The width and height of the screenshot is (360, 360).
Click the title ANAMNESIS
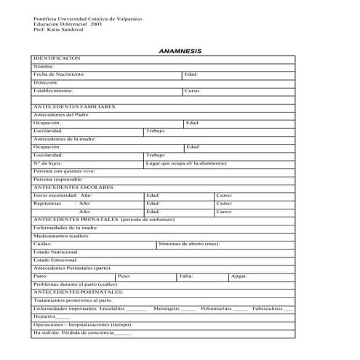click(180, 51)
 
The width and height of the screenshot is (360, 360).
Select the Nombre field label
click(44, 66)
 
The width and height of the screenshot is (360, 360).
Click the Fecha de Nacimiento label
click(59, 74)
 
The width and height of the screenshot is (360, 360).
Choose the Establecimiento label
click(53, 91)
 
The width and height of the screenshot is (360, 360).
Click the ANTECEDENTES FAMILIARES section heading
click(74, 106)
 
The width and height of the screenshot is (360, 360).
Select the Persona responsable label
click(59, 179)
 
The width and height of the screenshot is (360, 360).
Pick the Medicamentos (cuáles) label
click(61, 236)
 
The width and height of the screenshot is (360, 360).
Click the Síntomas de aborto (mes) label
click(188, 244)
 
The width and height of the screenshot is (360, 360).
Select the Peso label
click(124, 276)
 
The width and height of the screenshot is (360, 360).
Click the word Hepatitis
click(45, 316)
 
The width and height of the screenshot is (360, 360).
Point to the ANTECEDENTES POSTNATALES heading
click(79, 292)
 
